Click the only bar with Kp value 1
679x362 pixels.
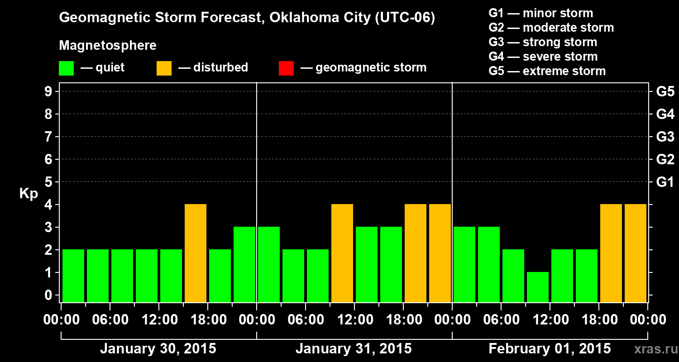click(x=538, y=287)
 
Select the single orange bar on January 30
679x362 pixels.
click(x=196, y=253)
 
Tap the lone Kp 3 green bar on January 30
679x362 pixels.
click(x=244, y=264)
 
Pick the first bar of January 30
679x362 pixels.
click(x=73, y=276)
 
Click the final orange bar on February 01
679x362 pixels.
click(x=636, y=253)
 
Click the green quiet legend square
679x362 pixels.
click(x=66, y=68)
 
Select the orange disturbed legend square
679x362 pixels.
click(x=164, y=68)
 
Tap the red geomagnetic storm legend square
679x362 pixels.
click(x=286, y=68)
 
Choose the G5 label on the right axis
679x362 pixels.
click(x=665, y=92)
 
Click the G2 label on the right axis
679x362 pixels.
click(x=665, y=160)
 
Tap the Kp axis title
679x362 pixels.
click(x=29, y=194)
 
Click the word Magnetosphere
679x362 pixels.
click(x=108, y=46)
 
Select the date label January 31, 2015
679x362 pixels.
click(x=354, y=349)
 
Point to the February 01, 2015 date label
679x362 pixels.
click(x=550, y=349)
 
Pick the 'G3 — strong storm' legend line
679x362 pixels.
click(x=543, y=42)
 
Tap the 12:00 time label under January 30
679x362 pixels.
click(x=158, y=320)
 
